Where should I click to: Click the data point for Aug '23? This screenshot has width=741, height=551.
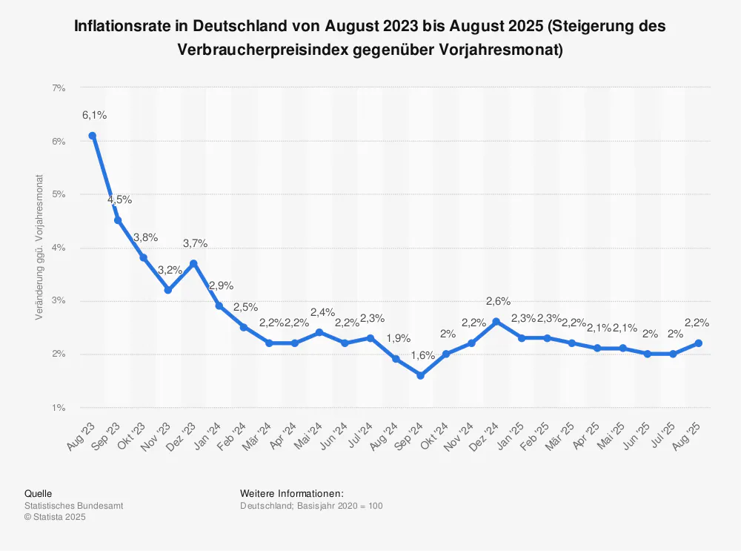point(92,136)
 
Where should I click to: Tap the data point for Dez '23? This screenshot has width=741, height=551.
point(193,263)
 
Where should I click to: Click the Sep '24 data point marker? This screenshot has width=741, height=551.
point(420,375)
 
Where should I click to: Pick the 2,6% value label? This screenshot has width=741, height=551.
point(498,301)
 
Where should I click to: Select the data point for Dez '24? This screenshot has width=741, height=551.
point(496,322)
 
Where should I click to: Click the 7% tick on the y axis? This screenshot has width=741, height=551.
point(59,88)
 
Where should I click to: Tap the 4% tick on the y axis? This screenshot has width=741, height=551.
point(59,248)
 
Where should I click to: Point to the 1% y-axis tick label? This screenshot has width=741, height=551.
point(59,408)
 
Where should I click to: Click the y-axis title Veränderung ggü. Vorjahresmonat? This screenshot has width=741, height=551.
point(39,248)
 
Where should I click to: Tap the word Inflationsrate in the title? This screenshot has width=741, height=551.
point(124,26)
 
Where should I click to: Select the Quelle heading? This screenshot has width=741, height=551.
point(38,493)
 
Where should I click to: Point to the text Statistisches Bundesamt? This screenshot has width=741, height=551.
point(73,506)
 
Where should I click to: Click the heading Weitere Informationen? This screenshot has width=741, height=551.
point(292,493)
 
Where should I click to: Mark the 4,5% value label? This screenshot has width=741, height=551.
point(119,199)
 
